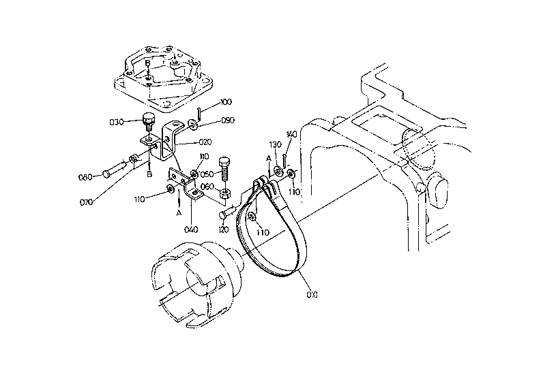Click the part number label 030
point(116,122)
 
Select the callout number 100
point(226,102)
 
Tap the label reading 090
point(228,121)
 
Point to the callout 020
point(205,142)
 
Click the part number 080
point(85,177)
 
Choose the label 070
point(86,202)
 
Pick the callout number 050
point(207,174)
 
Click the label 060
point(207,187)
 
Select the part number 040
point(191,229)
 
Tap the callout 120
point(224,229)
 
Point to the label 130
point(276,144)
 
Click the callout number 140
point(291,134)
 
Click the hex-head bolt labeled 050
point(224,170)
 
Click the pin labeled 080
point(114,168)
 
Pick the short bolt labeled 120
point(227,212)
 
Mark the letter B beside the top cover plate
point(147,63)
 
